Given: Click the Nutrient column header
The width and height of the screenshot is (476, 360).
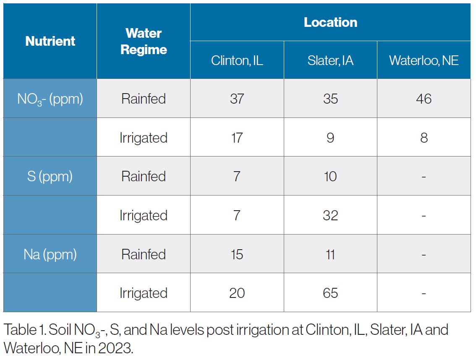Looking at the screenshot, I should pyautogui.click(x=50, y=41).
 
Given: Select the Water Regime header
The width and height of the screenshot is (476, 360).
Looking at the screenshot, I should pyautogui.click(x=144, y=41).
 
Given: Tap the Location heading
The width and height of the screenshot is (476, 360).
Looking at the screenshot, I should pyautogui.click(x=330, y=22).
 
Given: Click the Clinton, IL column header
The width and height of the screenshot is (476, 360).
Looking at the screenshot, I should pyautogui.click(x=237, y=60).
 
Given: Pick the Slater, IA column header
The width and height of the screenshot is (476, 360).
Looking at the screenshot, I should pyautogui.click(x=330, y=60).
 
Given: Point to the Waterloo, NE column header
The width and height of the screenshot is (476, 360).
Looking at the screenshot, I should pyautogui.click(x=424, y=60).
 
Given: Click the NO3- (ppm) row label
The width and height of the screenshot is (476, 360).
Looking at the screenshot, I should pyautogui.click(x=50, y=99).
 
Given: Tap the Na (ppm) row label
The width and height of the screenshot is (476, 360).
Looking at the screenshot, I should pyautogui.click(x=50, y=254).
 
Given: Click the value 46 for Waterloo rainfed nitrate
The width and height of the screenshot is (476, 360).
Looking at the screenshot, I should pyautogui.click(x=424, y=99).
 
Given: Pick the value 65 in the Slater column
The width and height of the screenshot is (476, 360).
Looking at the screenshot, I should pyautogui.click(x=330, y=293).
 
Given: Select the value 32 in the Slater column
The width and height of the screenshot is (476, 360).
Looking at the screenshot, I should pyautogui.click(x=330, y=215).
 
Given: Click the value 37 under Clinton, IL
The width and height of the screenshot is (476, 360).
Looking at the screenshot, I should pyautogui.click(x=237, y=99).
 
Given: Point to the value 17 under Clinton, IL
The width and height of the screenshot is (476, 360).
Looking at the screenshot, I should pyautogui.click(x=237, y=138).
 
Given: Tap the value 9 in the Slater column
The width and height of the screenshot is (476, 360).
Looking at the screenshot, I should pyautogui.click(x=330, y=138).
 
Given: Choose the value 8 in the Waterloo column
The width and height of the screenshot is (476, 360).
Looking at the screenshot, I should pyautogui.click(x=424, y=138).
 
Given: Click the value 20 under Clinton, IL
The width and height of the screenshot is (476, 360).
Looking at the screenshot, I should pyautogui.click(x=237, y=293).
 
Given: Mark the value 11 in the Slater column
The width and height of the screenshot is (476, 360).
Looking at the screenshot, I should pyautogui.click(x=330, y=254).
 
